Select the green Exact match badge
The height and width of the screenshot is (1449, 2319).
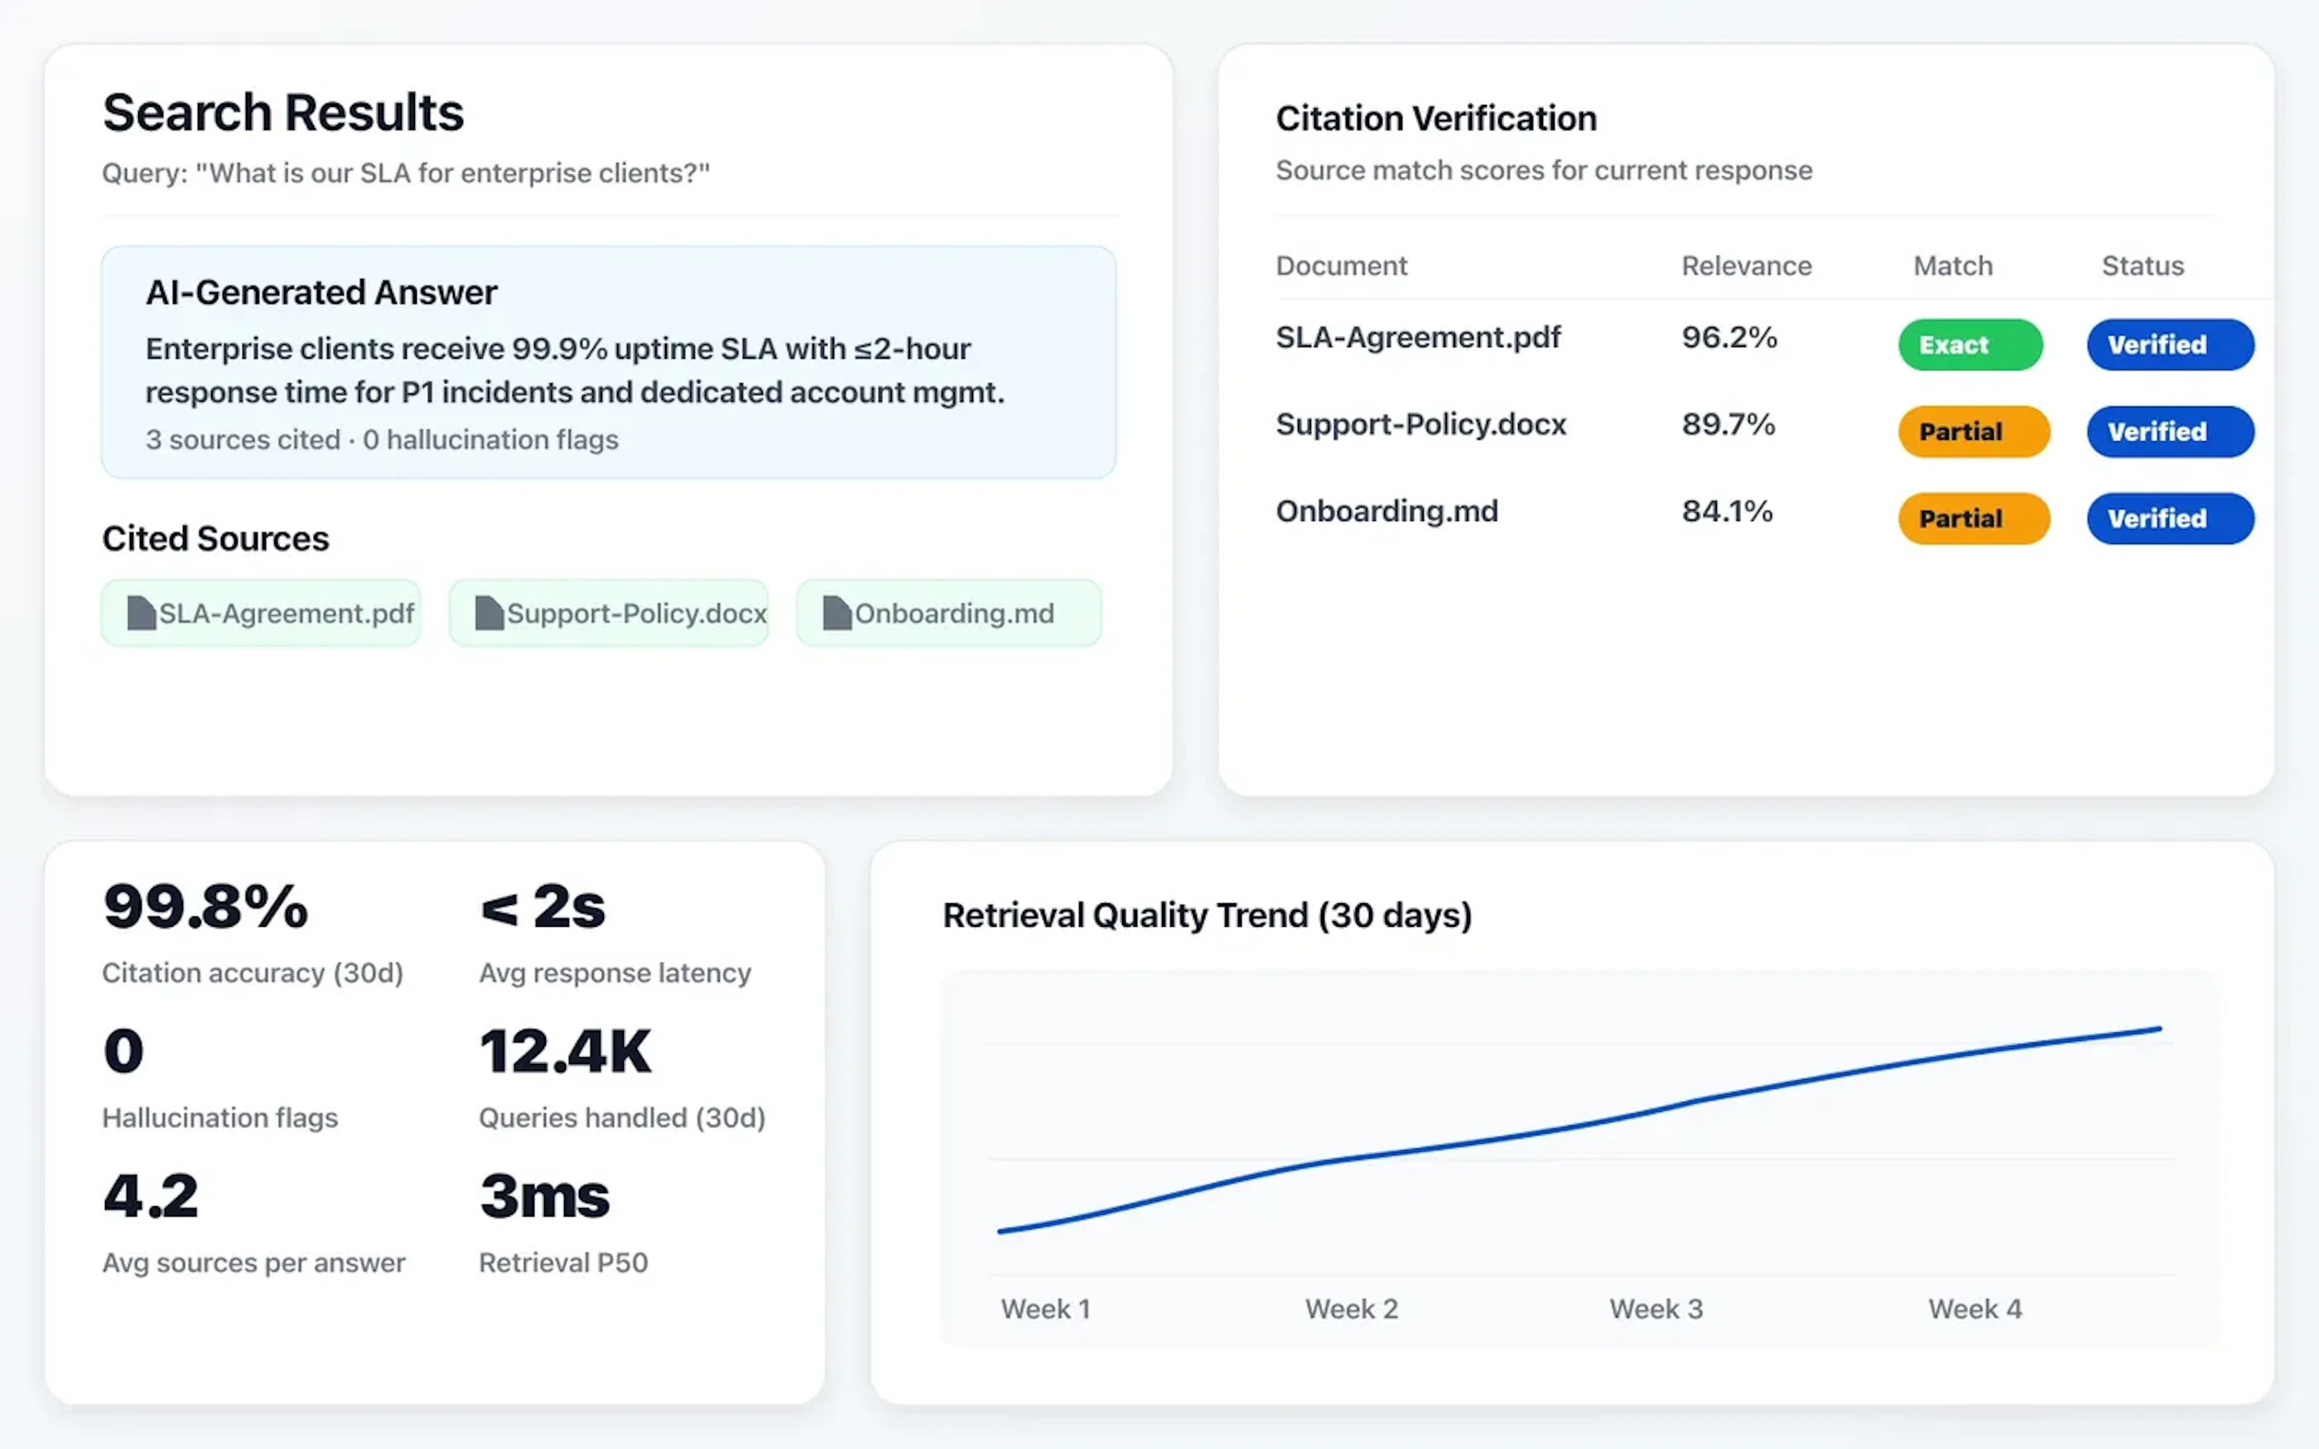click(x=1969, y=345)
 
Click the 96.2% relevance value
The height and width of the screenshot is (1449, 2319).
click(x=1729, y=337)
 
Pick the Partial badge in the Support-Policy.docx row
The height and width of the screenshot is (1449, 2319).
click(x=1973, y=431)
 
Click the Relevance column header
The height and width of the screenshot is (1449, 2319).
click(x=1746, y=266)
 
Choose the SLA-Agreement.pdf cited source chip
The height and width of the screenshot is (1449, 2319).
click(x=261, y=613)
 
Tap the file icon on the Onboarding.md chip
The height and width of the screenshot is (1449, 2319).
click(x=836, y=613)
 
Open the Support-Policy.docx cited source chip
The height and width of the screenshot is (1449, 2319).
click(x=609, y=613)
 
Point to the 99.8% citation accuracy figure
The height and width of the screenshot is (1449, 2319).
click(x=206, y=907)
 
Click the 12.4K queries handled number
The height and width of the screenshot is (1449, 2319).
click(x=565, y=1051)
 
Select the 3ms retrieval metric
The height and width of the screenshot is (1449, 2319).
click(x=544, y=1196)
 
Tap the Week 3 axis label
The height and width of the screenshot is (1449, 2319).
click(x=1656, y=1309)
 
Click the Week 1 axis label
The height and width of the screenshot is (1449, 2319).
click(x=1045, y=1309)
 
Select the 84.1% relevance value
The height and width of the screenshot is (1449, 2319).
click(x=1727, y=511)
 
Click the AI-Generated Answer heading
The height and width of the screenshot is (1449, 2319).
click(x=321, y=292)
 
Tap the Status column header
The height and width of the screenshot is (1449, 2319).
click(x=2143, y=266)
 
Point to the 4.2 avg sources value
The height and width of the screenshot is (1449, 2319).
click(x=150, y=1196)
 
